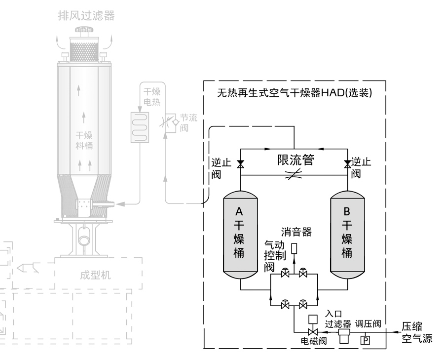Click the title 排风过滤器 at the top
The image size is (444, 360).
(86, 15)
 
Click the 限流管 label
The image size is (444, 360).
(295, 160)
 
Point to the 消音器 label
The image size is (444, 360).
(297, 231)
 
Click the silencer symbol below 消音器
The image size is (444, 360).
(294, 248)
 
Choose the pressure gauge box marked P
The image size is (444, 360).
(366, 340)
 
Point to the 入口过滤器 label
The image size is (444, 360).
(337, 319)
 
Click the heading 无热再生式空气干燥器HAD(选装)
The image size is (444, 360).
(295, 92)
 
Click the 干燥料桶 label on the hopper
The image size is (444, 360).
(84, 140)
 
